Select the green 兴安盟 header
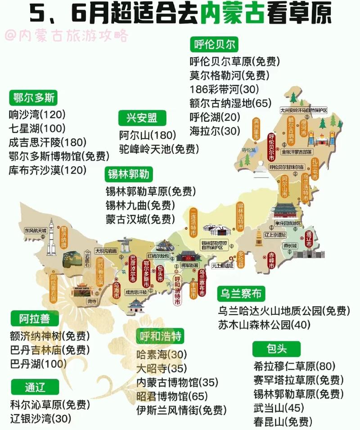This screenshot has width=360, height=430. click(x=142, y=118)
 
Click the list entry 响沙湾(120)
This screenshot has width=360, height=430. click(x=37, y=113)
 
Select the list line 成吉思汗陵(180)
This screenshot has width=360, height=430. click(x=47, y=142)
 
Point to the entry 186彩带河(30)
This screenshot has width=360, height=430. click(x=224, y=89)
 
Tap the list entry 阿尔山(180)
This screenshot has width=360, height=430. click(x=147, y=134)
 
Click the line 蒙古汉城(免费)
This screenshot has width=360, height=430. click(x=140, y=219)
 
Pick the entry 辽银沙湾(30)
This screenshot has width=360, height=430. click(x=40, y=418)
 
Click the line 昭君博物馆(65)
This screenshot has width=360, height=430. click(x=172, y=396)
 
